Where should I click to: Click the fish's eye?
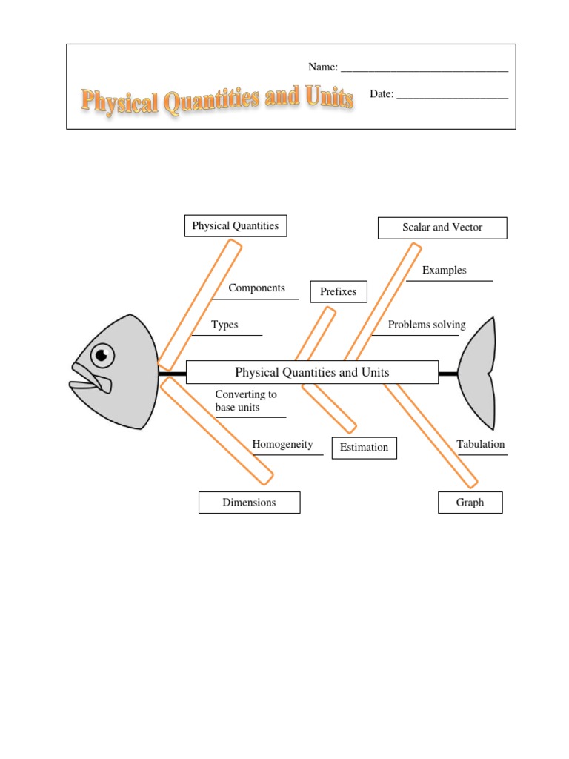102,355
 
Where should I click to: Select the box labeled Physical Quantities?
236,226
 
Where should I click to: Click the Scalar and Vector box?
442,228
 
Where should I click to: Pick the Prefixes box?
339,292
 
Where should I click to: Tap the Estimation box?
364,448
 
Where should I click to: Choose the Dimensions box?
249,503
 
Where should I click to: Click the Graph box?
470,503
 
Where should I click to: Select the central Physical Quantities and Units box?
312,373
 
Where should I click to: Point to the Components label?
256,288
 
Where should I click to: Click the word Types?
224,325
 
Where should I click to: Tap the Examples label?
445,271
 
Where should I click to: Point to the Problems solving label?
427,325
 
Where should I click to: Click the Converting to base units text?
245,401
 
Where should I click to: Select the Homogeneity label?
282,445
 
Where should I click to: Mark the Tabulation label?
481,445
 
